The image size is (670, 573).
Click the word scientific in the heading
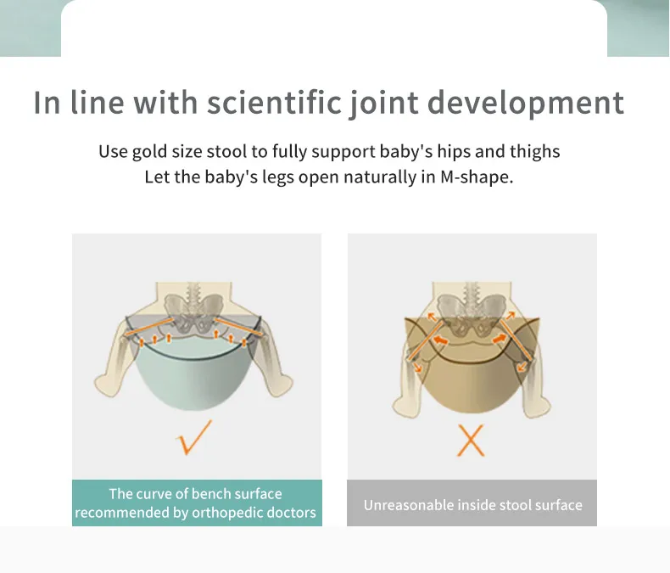coord(274,102)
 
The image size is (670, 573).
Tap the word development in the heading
coord(526,104)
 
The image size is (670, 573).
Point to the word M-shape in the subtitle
coord(477,177)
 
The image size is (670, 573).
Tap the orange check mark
coord(193,437)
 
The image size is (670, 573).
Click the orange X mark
coord(471,440)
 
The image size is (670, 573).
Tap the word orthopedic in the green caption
coord(221,512)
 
